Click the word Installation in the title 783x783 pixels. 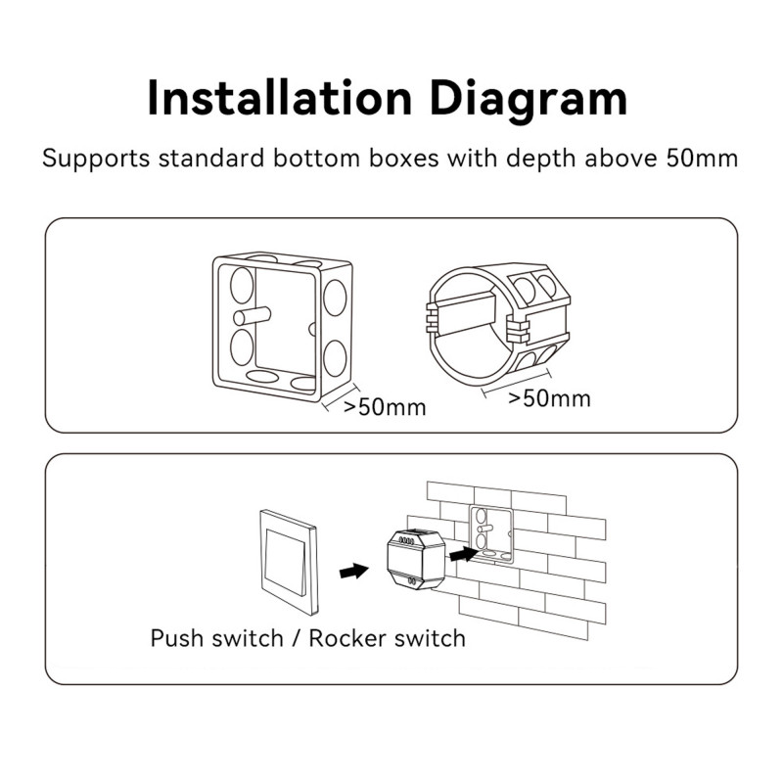pyautogui.click(x=280, y=99)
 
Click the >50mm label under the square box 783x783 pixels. pyautogui.click(x=385, y=407)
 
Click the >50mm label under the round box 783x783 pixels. pyautogui.click(x=549, y=398)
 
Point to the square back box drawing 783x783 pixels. pyautogui.click(x=283, y=328)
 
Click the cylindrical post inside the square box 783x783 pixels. pyautogui.click(x=253, y=316)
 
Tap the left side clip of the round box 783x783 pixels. pyautogui.click(x=431, y=317)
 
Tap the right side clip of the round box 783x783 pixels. pyautogui.click(x=518, y=331)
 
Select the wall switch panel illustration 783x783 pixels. pyautogui.click(x=288, y=563)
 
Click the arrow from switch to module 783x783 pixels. pyautogui.click(x=353, y=571)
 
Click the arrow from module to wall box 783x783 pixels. pyautogui.click(x=463, y=554)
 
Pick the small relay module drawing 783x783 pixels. pyautogui.click(x=415, y=559)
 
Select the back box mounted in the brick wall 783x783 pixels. pyautogui.click(x=491, y=533)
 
